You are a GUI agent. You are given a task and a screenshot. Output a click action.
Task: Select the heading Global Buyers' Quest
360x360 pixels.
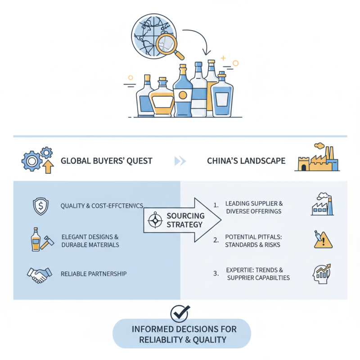106,161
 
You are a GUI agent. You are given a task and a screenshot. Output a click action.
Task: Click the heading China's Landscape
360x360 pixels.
246,161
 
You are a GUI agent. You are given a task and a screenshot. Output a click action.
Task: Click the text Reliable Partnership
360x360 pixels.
94,274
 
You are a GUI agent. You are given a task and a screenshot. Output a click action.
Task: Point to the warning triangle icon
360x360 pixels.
323,240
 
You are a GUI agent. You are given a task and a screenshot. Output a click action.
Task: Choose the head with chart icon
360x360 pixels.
322,274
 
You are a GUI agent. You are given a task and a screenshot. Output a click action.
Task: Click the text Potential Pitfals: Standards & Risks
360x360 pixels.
255,240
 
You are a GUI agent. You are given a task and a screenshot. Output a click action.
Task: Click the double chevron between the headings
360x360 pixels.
180,161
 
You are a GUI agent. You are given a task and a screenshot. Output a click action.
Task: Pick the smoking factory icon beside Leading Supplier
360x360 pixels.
322,205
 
